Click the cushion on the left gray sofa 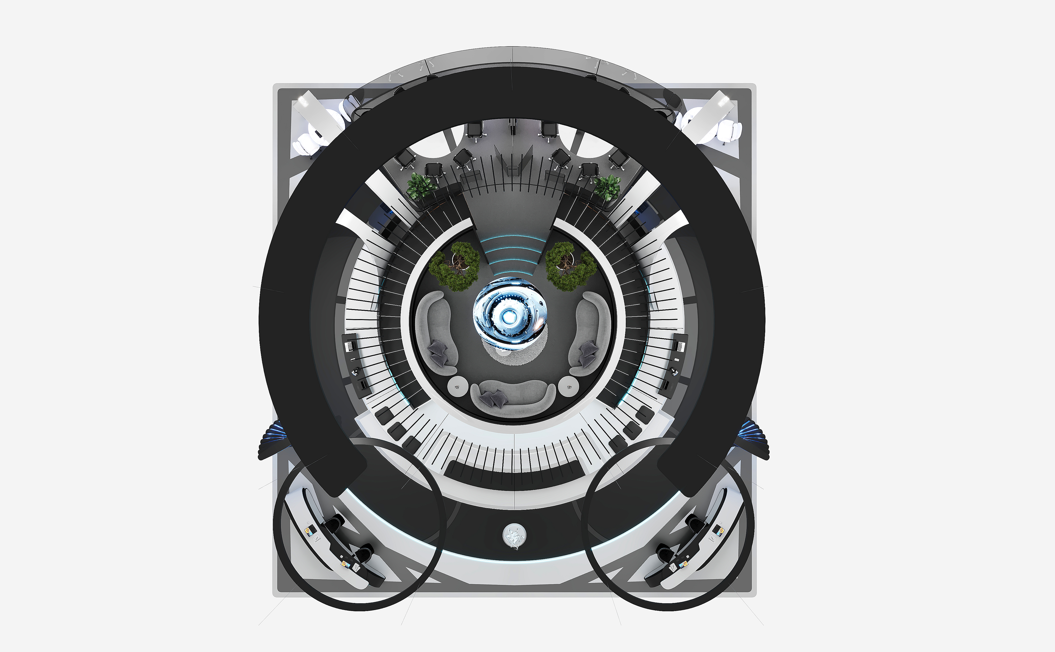pyautogui.click(x=439, y=348)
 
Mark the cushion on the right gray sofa pyautogui.click(x=588, y=348)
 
